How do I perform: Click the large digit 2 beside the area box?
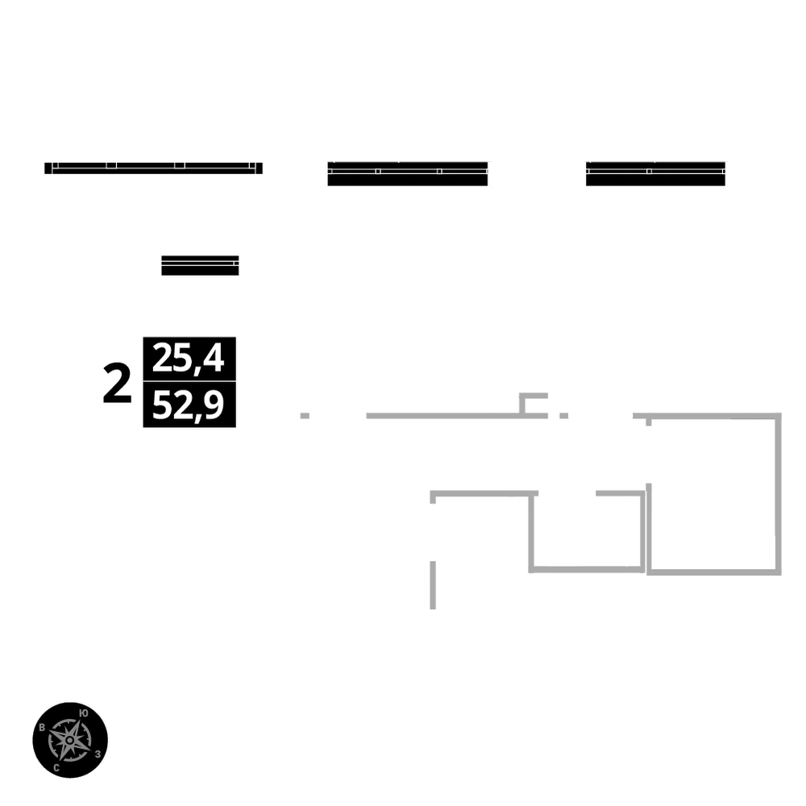point(118,384)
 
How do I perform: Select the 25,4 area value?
point(189,358)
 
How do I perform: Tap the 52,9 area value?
point(189,405)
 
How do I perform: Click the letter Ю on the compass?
point(85,712)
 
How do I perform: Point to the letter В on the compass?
point(42,728)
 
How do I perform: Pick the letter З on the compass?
point(98,754)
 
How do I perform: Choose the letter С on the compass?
point(56,768)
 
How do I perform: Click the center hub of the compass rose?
point(71,739)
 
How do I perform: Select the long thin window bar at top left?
point(153,168)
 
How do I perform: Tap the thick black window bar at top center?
point(407,174)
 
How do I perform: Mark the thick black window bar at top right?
point(655,174)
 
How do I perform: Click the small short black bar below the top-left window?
point(200,266)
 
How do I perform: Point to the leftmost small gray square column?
point(305,416)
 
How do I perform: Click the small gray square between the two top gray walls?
point(564,416)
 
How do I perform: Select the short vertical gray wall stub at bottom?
point(433,584)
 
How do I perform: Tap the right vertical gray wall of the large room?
point(779,493)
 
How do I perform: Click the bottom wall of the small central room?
point(587,569)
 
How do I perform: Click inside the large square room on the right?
point(713,493)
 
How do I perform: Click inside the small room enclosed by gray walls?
point(587,532)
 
